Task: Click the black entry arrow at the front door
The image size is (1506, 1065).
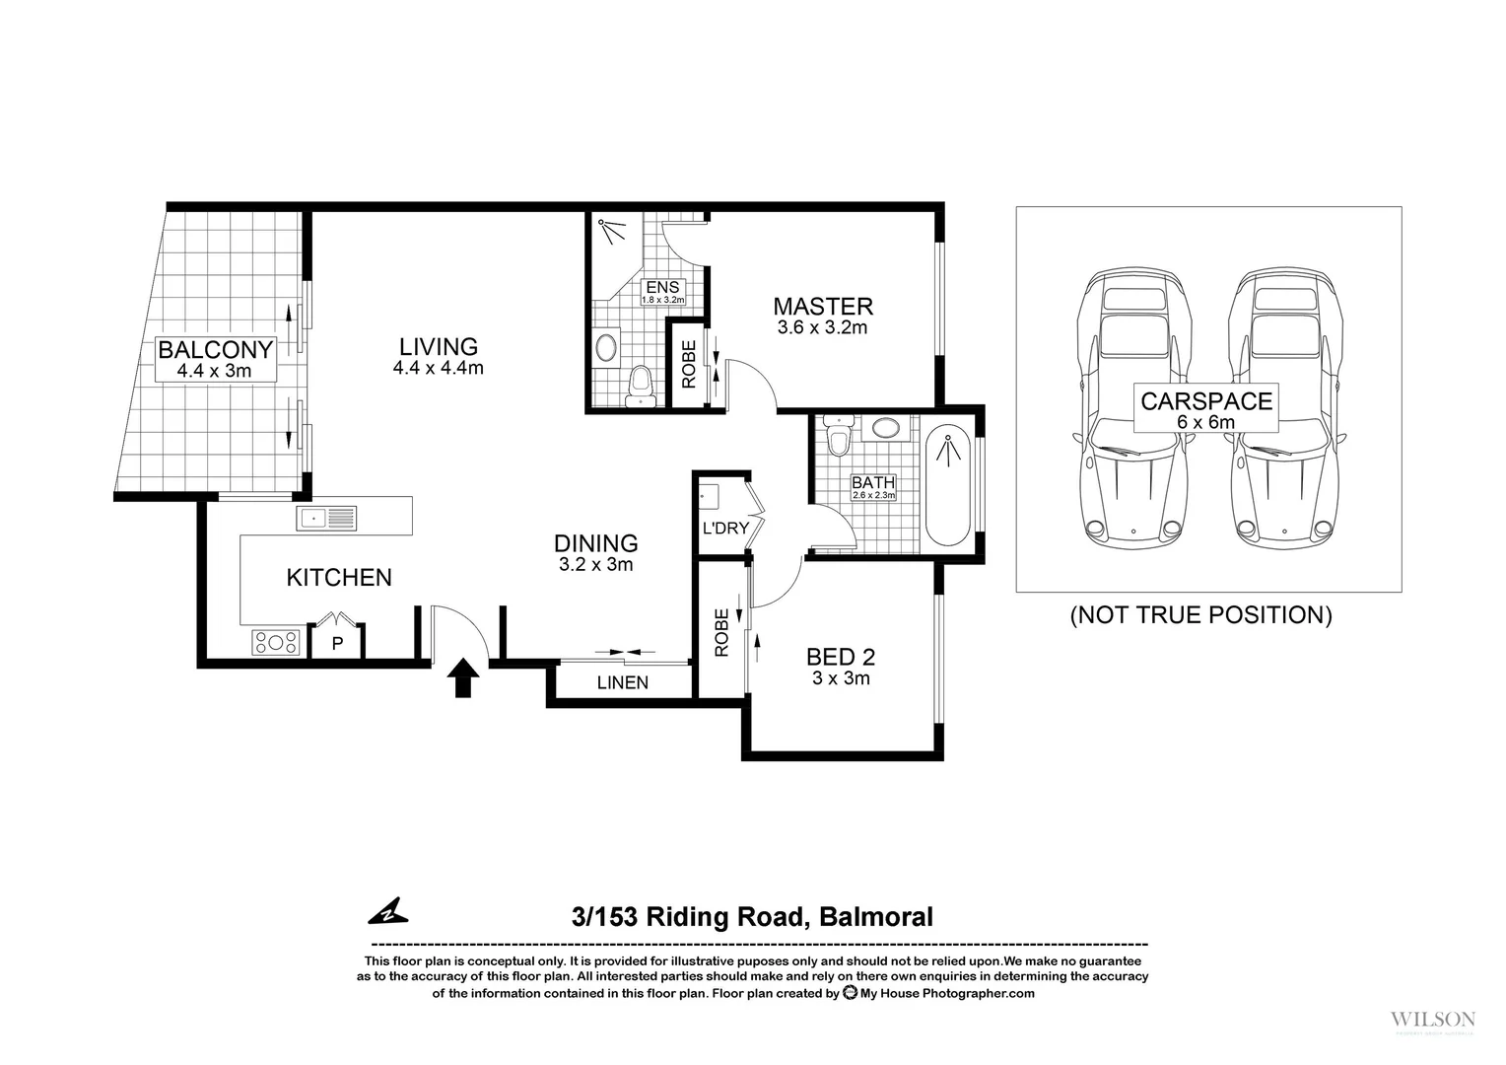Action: coord(464,678)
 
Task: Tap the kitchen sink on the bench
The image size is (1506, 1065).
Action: coord(326,518)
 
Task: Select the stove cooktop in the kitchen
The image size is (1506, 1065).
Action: coord(277,643)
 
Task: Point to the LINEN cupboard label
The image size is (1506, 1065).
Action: coord(623,682)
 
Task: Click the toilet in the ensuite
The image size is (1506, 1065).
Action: coord(641,386)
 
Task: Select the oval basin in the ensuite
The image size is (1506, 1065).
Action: coord(606,347)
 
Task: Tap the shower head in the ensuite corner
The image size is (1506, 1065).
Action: coord(613,231)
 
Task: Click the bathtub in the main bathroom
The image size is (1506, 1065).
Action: coord(948,484)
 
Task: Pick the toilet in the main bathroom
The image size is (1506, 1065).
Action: coord(839,439)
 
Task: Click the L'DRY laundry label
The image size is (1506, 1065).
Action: coord(725,529)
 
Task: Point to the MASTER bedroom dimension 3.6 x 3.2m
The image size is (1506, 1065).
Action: coord(822,327)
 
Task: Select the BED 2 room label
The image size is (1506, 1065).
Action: coord(841,657)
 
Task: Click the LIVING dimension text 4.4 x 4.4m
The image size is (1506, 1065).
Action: coord(438,369)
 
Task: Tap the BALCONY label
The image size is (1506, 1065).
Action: coord(215,350)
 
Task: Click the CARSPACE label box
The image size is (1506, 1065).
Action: coord(1206,408)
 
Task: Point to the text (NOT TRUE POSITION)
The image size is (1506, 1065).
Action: coord(1200,615)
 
